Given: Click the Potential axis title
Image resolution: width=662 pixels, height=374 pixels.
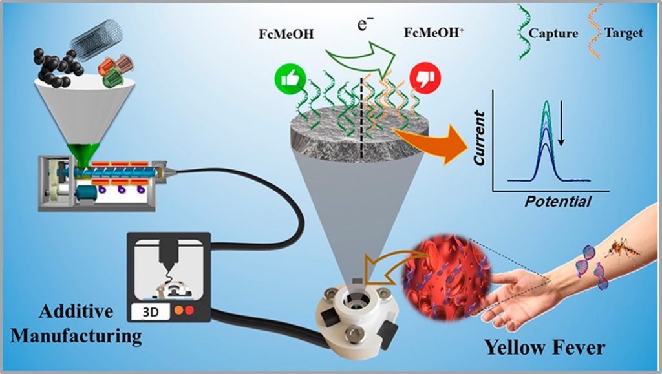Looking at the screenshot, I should (558, 202).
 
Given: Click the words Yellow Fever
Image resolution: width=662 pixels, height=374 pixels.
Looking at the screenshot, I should (545, 348).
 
